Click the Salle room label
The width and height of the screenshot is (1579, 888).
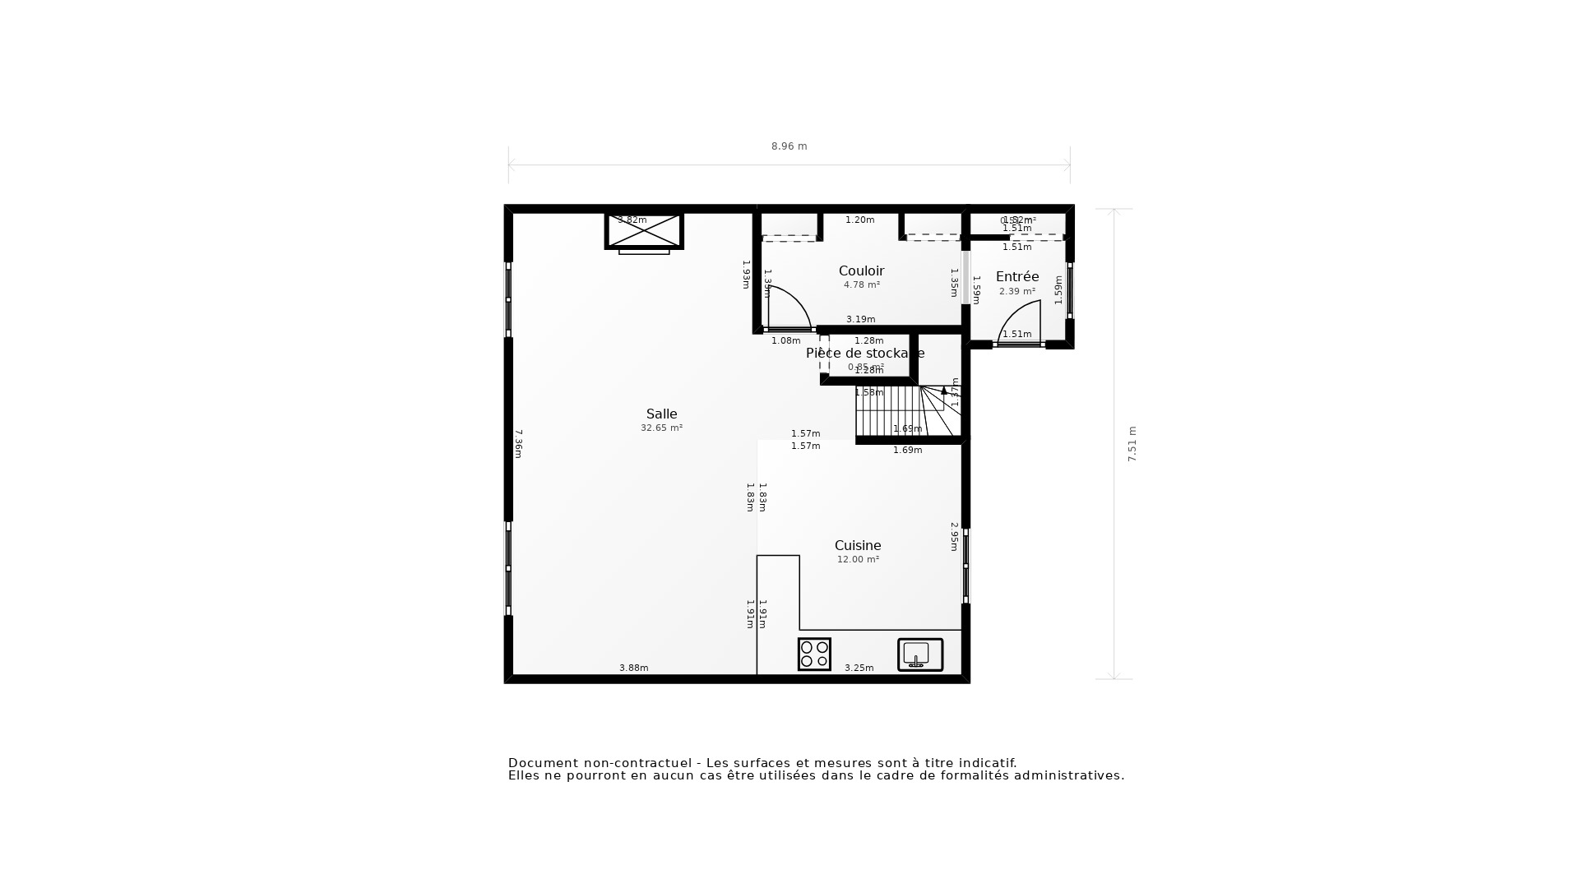(661, 414)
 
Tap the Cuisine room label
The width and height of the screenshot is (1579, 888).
(858, 545)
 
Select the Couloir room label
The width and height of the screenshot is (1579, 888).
(861, 271)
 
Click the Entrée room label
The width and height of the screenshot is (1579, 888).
(1017, 276)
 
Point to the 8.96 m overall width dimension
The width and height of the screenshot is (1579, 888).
(789, 146)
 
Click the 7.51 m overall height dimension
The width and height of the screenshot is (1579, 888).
(1132, 444)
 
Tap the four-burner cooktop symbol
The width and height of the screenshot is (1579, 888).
(814, 654)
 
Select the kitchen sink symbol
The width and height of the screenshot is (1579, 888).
(919, 655)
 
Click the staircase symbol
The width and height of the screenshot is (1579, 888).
(905, 411)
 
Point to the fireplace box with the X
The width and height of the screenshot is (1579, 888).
(644, 231)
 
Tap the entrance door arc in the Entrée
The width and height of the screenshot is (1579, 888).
(1020, 321)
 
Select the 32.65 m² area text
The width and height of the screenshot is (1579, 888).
(661, 428)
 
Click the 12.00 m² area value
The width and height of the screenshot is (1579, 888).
(858, 559)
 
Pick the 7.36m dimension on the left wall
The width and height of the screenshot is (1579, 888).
(518, 444)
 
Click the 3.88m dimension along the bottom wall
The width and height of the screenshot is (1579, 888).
(633, 668)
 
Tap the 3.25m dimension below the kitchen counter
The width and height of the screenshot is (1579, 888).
(859, 668)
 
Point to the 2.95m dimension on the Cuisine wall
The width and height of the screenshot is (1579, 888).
(954, 536)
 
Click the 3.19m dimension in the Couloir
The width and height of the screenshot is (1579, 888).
(860, 319)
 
